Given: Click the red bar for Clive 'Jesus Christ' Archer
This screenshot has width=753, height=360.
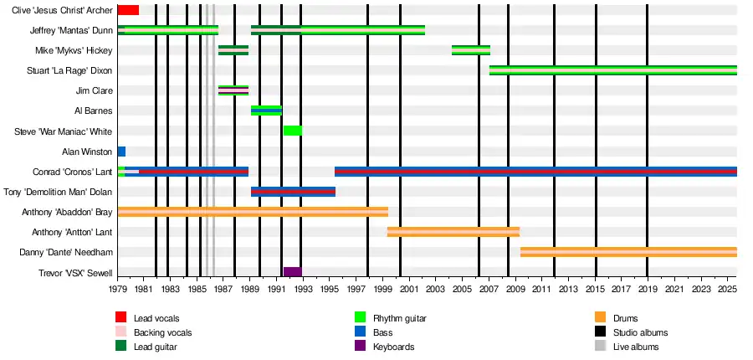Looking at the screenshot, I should (x=128, y=10).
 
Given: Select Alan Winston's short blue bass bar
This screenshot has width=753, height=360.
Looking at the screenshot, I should (x=121, y=152).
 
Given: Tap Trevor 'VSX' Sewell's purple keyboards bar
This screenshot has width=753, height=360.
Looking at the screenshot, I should (x=292, y=272).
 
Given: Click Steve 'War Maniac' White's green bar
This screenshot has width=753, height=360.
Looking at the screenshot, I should (x=292, y=131).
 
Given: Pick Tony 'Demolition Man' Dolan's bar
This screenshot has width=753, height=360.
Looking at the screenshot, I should (x=293, y=192).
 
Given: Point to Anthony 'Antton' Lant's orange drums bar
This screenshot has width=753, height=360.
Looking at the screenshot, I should (x=453, y=232).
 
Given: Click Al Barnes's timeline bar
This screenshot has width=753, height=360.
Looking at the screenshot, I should (x=266, y=111).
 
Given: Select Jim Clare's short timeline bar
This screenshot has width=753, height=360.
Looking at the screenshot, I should (x=233, y=90).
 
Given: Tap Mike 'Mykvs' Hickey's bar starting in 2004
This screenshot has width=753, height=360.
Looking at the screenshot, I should (x=471, y=50).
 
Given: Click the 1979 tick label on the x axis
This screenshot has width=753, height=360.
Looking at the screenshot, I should (x=118, y=290).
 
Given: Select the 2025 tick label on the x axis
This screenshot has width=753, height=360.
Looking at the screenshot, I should (x=728, y=290).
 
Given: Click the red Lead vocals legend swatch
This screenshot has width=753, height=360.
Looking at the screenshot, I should (x=121, y=318).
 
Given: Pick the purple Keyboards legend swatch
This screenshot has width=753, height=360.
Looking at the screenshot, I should (x=361, y=347).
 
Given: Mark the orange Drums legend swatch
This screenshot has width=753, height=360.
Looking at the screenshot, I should (x=600, y=318).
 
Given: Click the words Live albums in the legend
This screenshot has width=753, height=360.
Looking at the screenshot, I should (x=636, y=347).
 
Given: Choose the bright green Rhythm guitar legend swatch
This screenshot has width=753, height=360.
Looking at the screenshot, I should (x=361, y=318).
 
